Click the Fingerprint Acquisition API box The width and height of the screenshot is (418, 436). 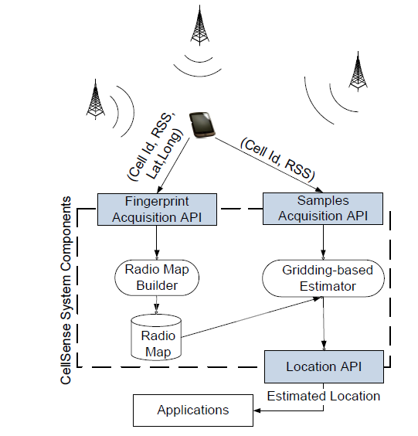tap(157, 209)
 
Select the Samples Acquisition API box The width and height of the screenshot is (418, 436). tap(323, 209)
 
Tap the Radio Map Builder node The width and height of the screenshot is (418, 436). tap(157, 278)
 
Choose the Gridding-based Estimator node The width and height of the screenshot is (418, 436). tap(323, 278)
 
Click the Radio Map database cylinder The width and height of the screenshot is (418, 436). tap(156, 338)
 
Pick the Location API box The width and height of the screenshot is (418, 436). tap(324, 366)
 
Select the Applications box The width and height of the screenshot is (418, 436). tap(193, 410)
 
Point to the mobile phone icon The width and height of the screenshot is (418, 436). tap(202, 124)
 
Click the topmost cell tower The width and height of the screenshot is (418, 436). tap(199, 25)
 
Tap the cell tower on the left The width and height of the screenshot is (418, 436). tap(96, 99)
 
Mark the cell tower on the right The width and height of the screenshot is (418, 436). tap(358, 71)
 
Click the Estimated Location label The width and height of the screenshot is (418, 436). tap(324, 396)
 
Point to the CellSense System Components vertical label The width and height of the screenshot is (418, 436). tap(66, 291)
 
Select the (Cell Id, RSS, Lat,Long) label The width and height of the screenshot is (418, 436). tap(155, 147)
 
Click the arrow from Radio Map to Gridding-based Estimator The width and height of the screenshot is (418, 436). tap(251, 317)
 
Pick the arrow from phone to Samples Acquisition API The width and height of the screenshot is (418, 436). tap(269, 165)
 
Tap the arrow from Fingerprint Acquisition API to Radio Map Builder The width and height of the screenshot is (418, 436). tap(157, 243)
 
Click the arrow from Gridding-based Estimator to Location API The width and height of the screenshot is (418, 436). tap(324, 324)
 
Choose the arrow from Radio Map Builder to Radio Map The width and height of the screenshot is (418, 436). tap(157, 305)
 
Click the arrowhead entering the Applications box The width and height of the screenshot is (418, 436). tap(257, 410)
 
